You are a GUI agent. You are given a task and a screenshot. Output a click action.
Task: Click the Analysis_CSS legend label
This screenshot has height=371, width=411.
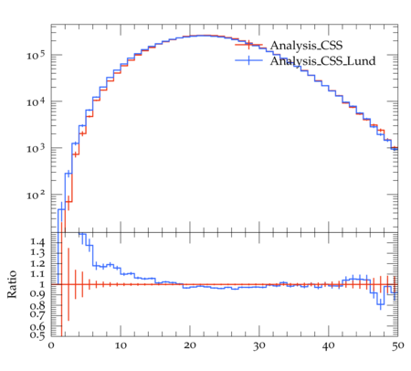click(x=306, y=46)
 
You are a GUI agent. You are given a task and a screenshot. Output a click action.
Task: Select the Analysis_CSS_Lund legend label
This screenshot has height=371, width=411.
click(x=322, y=61)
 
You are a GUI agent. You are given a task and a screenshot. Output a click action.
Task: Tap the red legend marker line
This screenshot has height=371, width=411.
click(x=248, y=45)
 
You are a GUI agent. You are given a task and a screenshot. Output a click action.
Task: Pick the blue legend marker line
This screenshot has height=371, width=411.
click(x=248, y=60)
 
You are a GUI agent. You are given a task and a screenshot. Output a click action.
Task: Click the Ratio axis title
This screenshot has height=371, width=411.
click(x=12, y=284)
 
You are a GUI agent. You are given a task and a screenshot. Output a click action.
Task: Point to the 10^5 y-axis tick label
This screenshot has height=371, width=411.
click(x=36, y=55)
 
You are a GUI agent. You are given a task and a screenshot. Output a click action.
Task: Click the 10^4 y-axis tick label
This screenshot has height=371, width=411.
click(x=36, y=101)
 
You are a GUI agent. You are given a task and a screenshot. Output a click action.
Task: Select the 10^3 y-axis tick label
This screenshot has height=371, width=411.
click(x=36, y=148)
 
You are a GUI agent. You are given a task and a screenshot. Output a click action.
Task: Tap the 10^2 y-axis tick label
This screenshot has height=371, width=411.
click(x=36, y=195)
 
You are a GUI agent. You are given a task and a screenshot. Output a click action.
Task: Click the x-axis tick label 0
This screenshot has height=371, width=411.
click(x=51, y=345)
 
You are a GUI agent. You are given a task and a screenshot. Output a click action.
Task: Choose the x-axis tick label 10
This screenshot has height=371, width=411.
click(x=121, y=345)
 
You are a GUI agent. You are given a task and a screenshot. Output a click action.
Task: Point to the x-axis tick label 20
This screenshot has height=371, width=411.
click(x=190, y=345)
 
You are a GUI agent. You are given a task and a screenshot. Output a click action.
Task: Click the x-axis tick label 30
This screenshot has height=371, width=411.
click(x=259, y=345)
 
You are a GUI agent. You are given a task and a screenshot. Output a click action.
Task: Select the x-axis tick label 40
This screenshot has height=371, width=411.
click(x=329, y=345)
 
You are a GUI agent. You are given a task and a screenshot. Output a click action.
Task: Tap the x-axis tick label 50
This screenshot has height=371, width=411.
click(x=397, y=345)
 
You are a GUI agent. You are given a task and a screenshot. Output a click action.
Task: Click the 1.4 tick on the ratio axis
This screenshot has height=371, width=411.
click(x=37, y=242)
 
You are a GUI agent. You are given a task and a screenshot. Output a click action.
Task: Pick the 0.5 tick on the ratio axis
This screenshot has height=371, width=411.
click(x=37, y=335)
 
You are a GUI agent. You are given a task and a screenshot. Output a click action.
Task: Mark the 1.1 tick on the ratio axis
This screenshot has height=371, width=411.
click(x=37, y=274)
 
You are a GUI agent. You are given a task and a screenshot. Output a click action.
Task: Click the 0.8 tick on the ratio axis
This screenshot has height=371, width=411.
click(x=37, y=305)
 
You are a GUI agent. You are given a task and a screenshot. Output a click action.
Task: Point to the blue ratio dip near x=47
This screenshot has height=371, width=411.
click(x=381, y=304)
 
